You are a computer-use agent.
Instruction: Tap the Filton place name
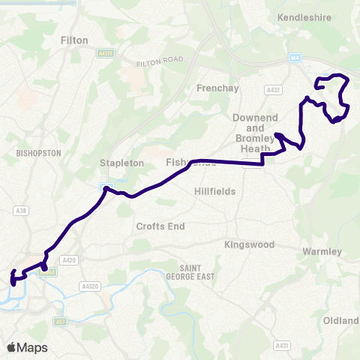[x=74, y=40]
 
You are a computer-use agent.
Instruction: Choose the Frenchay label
[x=217, y=88]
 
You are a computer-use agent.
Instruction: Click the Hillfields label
[x=214, y=191]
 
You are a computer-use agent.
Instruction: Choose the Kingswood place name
[x=250, y=244]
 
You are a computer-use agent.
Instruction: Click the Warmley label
[x=322, y=250]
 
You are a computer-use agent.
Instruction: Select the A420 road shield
[x=70, y=260]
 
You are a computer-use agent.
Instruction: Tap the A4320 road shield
[x=91, y=286]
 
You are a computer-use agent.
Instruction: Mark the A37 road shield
[x=60, y=321]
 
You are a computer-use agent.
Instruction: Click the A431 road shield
[x=282, y=345]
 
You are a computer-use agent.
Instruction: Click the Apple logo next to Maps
[x=12, y=347]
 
